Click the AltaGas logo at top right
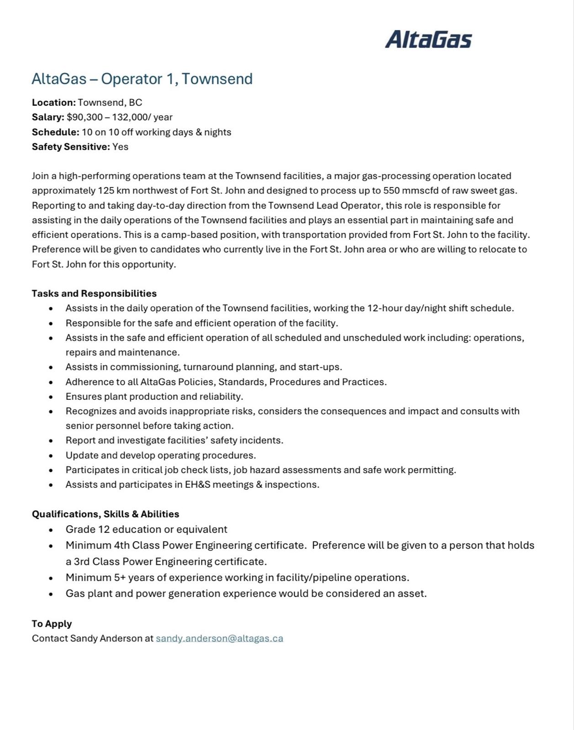[428, 39]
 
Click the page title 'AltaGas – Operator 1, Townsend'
[142, 79]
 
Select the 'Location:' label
[53, 102]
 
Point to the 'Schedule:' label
[55, 132]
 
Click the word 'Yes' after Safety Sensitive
[120, 147]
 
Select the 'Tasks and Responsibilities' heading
[94, 293]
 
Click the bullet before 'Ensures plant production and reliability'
[51, 397]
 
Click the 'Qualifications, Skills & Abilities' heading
[105, 514]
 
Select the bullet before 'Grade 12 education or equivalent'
[51, 530]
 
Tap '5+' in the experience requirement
[120, 578]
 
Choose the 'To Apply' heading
[52, 624]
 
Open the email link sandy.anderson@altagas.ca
[219, 638]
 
